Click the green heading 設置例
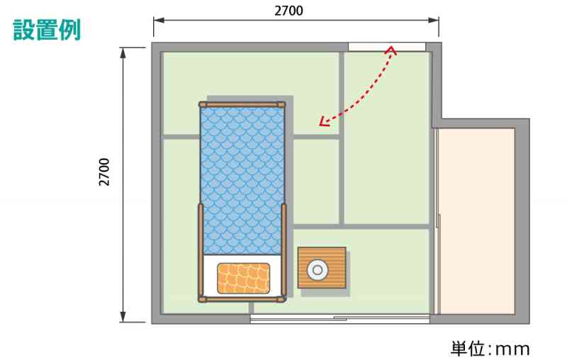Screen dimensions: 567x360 pyautogui.click(x=47, y=30)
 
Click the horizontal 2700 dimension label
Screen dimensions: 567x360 pyautogui.click(x=288, y=11)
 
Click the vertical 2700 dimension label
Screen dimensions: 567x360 pyautogui.click(x=104, y=172)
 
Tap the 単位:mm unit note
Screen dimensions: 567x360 pyautogui.click(x=490, y=349)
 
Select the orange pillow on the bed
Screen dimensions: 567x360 pyautogui.click(x=243, y=279)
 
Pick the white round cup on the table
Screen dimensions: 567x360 pyautogui.click(x=318, y=270)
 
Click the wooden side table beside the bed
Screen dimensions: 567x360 pyautogui.click(x=322, y=268)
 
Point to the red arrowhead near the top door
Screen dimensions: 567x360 pyautogui.click(x=391, y=50)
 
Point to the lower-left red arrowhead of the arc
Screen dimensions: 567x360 pyautogui.click(x=324, y=122)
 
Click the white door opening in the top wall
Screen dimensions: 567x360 pyautogui.click(x=386, y=47)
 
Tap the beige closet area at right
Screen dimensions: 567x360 pyautogui.click(x=476, y=221)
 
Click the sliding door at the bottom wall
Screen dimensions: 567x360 pyautogui.click(x=340, y=318)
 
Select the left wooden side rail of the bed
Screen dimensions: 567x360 pyautogui.click(x=201, y=251)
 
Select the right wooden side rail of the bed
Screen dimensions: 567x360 pyautogui.click(x=284, y=250)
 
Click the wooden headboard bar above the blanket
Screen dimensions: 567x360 pyautogui.click(x=242, y=105)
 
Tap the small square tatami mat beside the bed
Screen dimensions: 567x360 pyautogui.click(x=316, y=181)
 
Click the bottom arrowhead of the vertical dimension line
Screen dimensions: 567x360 pyautogui.click(x=123, y=317)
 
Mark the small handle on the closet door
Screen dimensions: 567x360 pyautogui.click(x=438, y=221)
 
